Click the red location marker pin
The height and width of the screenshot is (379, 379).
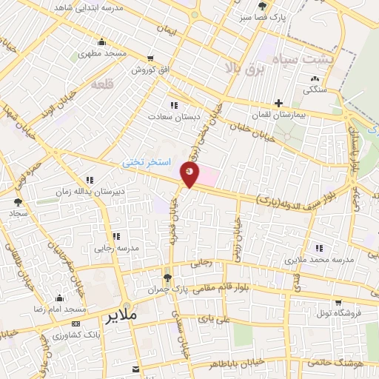pyautogui.click(x=190, y=175)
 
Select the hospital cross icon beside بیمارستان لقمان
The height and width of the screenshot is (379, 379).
pyautogui.click(x=278, y=103)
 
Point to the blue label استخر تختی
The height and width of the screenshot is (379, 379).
pyautogui.click(x=147, y=161)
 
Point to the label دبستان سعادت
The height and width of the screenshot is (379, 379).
pyautogui.click(x=170, y=116)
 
